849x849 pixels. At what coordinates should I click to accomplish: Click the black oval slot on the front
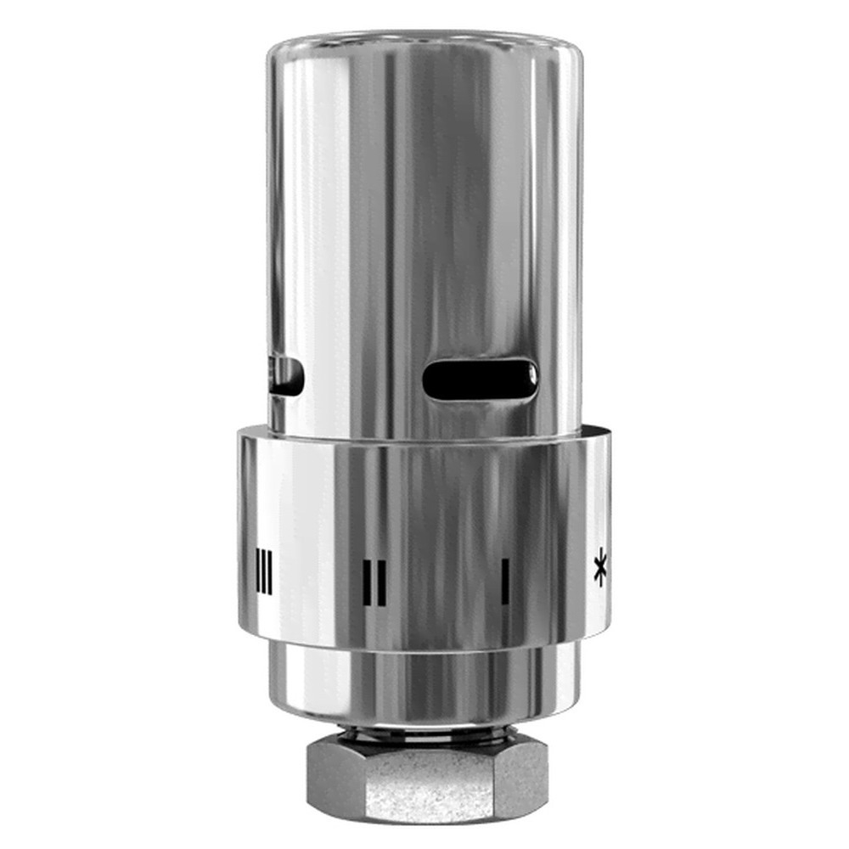[480, 380]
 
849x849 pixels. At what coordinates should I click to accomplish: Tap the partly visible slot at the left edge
[287, 376]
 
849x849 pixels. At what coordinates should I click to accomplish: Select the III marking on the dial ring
[264, 573]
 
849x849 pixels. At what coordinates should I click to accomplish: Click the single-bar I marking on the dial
[505, 582]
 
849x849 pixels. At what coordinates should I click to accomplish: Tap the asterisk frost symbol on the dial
[600, 570]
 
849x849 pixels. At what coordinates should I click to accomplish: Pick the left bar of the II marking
[367, 582]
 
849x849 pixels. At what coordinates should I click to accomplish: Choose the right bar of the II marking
[382, 582]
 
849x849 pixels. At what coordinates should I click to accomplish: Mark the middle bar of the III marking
[264, 573]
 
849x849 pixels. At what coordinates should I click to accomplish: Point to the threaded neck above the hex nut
[424, 732]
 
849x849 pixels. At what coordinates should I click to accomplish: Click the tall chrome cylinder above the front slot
[424, 212]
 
